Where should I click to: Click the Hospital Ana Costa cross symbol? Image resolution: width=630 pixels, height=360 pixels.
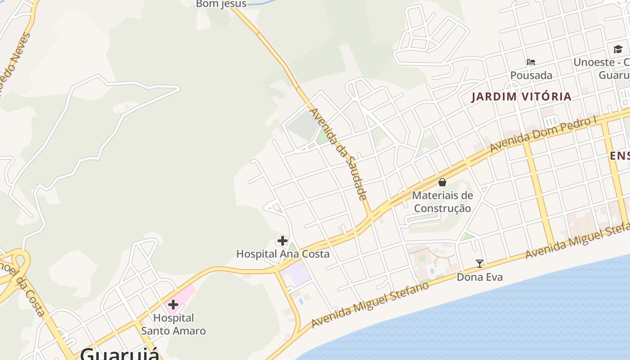pyautogui.click(x=283, y=241)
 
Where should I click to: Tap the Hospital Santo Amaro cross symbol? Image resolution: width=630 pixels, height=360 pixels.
pyautogui.click(x=173, y=305)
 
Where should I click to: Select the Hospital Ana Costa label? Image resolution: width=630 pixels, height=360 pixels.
pyautogui.click(x=283, y=254)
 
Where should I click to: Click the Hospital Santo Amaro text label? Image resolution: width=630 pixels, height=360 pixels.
pyautogui.click(x=173, y=324)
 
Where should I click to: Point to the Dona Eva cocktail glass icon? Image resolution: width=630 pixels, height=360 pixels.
pyautogui.click(x=480, y=264)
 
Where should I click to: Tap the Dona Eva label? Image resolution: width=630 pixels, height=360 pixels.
pyautogui.click(x=480, y=277)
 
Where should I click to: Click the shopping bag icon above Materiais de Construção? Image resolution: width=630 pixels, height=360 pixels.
pyautogui.click(x=442, y=182)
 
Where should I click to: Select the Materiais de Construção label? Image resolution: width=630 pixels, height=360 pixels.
pyautogui.click(x=442, y=202)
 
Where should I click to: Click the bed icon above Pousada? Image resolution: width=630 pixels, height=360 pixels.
pyautogui.click(x=531, y=62)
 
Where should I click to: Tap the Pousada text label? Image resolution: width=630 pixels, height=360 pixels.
pyautogui.click(x=531, y=75)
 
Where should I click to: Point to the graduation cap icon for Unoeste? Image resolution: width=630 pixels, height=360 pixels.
pyautogui.click(x=618, y=49)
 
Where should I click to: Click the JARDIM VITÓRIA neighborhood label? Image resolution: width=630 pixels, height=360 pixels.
pyautogui.click(x=521, y=96)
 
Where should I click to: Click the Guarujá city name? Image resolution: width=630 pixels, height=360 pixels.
pyautogui.click(x=120, y=354)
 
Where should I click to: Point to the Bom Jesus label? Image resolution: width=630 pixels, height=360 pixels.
pyautogui.click(x=221, y=4)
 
